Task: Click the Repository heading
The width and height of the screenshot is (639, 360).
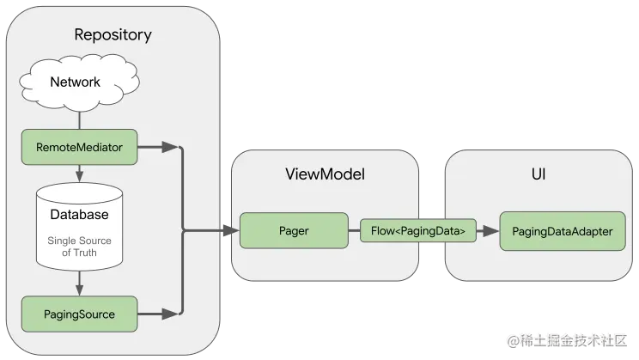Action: tap(113, 35)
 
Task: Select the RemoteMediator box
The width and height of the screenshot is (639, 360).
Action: tap(79, 148)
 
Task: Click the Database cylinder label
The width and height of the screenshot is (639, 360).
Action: tap(79, 215)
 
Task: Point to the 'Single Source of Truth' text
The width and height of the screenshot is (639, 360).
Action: tap(79, 247)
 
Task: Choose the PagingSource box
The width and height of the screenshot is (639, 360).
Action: tap(79, 314)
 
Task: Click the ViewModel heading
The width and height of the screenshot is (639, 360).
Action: tap(325, 174)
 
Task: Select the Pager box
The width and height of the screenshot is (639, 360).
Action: tap(294, 231)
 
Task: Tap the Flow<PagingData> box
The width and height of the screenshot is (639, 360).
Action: tap(417, 231)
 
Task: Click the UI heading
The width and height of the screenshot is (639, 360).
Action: tap(539, 174)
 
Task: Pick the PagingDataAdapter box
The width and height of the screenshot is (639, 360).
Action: tap(557, 232)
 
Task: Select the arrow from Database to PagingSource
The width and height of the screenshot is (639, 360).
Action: tap(79, 282)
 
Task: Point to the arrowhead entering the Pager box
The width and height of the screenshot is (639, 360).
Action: tap(233, 231)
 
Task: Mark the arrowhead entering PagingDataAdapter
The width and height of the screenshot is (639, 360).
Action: tap(493, 231)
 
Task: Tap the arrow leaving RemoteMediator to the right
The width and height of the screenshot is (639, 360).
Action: tap(158, 148)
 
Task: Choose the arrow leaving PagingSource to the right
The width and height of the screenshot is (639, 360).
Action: tap(158, 314)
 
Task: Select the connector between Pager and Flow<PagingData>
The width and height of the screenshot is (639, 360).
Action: tap(353, 231)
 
